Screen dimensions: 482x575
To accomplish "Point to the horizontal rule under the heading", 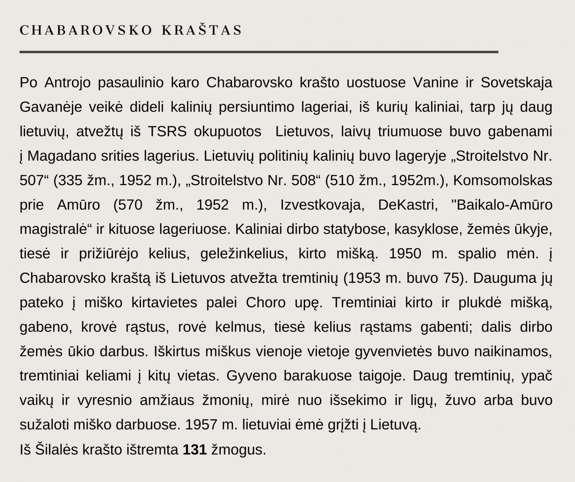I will [x=259, y=51].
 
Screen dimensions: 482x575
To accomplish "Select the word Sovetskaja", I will [x=516, y=82].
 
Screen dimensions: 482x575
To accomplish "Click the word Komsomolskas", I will [x=502, y=181].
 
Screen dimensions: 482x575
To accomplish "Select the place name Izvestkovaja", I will [x=321, y=205].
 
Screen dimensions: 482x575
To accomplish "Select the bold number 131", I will [x=195, y=449].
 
